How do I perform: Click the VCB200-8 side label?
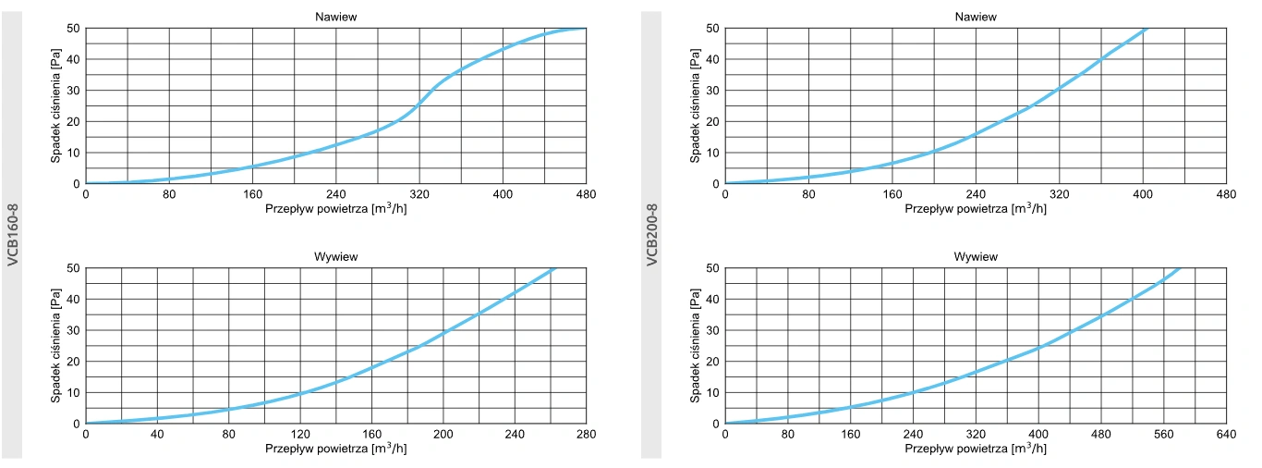point(652,235)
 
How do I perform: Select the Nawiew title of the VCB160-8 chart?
point(336,16)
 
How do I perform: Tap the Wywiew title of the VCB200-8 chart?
point(976,256)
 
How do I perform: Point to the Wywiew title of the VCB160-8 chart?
point(336,256)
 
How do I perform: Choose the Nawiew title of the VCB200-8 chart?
point(976,16)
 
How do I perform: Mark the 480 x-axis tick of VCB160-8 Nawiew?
point(587,194)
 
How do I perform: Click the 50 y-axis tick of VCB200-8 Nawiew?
point(713,28)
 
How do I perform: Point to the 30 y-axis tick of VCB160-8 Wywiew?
point(74,330)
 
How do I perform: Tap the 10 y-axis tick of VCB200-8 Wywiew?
point(713,392)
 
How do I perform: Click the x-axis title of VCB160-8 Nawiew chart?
point(336,208)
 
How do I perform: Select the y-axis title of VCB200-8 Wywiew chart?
point(695,346)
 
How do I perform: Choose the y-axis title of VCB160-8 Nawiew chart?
point(55,105)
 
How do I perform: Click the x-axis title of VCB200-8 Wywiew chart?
point(976,449)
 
